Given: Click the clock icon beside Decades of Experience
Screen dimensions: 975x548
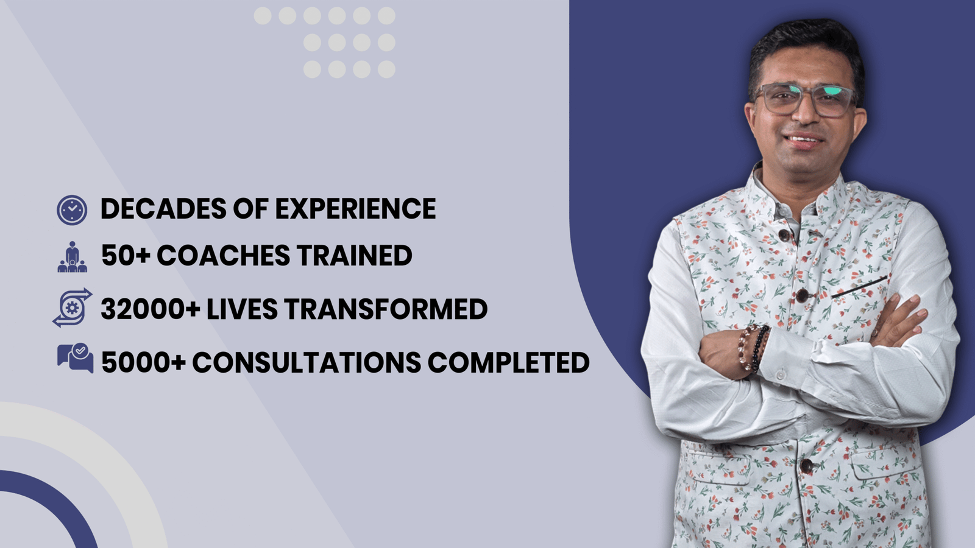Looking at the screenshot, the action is pos(72,210).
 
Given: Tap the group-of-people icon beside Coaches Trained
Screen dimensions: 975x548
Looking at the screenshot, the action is pos(73,256).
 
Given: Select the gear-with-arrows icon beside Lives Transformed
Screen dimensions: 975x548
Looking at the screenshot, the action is pos(73,307).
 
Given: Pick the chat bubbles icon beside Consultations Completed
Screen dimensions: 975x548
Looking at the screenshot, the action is pos(76,358).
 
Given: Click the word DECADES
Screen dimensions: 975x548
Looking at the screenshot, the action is pos(163,209).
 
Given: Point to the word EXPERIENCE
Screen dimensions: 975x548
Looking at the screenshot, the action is pos(355,209).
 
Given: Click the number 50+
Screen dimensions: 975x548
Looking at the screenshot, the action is pos(126,255).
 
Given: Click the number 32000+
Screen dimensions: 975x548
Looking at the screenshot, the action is pos(151,309).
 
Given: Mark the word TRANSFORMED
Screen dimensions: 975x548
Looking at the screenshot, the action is pos(386,309).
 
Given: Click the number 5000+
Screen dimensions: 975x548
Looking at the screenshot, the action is pos(144,362).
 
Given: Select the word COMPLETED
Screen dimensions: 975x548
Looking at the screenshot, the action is pos(509,362).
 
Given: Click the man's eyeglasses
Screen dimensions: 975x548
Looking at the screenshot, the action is pos(805,100).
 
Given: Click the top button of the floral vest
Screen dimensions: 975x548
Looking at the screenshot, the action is pos(784,235).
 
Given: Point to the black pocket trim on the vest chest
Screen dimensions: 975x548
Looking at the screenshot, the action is pos(859,287).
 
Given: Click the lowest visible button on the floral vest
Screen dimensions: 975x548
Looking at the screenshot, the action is pos(807,466).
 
